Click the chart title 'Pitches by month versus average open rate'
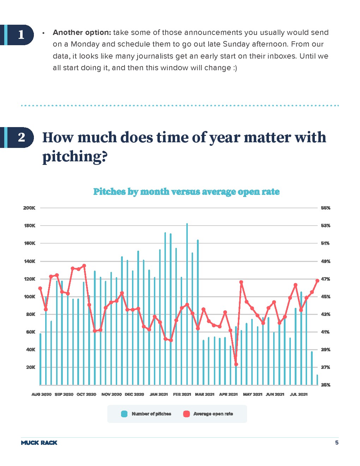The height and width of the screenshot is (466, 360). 186,192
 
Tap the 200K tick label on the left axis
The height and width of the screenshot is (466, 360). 29,208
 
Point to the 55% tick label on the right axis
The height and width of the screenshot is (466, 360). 325,208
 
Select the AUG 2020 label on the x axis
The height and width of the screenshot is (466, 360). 41,394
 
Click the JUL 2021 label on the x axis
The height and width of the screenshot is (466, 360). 299,394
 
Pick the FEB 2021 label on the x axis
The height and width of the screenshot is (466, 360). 182,394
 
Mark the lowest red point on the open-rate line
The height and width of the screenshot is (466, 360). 236,364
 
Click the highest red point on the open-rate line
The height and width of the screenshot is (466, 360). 84,265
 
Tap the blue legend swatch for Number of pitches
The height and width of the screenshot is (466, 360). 124,414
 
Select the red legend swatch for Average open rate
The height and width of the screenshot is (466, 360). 186,414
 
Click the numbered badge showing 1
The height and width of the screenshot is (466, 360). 21,35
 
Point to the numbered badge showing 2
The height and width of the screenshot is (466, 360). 21,137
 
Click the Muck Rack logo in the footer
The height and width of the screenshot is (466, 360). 39,443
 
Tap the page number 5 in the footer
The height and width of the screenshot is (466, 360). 337,443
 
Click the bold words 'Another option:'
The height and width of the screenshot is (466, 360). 82,32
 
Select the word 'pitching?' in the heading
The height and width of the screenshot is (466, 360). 74,156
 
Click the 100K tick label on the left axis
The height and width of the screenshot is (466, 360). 29,297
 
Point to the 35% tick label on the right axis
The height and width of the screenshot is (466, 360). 325,385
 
